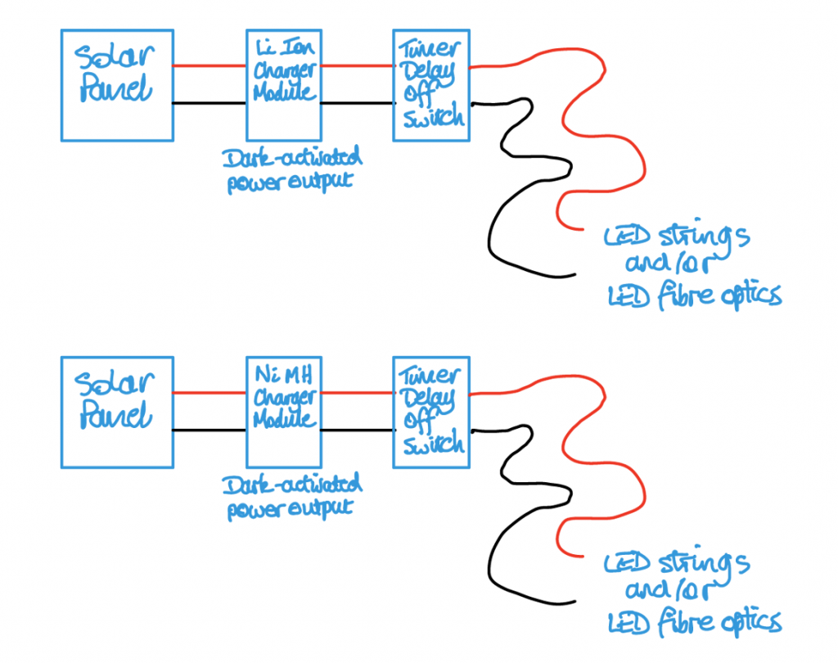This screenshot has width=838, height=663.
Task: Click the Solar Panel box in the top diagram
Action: (x=117, y=85)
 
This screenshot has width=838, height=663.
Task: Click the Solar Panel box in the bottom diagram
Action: (x=117, y=412)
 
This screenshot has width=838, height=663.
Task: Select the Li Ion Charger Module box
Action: (x=283, y=85)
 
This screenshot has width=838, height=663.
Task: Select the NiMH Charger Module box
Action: (x=283, y=412)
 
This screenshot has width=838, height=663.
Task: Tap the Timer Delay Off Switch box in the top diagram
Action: (x=430, y=85)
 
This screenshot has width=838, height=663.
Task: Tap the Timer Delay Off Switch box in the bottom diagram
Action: (x=430, y=412)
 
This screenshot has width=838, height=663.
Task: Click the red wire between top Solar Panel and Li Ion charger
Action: (x=209, y=66)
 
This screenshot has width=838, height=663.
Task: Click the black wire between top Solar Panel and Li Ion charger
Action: (x=209, y=103)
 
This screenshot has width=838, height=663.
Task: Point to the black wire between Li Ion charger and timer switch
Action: (x=356, y=103)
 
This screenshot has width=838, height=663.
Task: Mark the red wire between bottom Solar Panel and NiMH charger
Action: (x=209, y=393)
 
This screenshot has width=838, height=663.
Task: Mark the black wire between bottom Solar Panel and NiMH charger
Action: (x=209, y=430)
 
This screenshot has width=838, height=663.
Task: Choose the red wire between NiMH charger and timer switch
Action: (x=356, y=393)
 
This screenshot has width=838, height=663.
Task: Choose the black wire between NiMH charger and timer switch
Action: (x=356, y=430)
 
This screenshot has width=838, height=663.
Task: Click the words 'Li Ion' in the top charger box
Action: (x=283, y=47)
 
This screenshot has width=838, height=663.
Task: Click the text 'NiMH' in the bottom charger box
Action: (x=283, y=376)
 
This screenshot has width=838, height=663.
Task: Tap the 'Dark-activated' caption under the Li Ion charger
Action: (x=291, y=158)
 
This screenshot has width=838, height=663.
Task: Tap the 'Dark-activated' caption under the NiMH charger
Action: (x=291, y=485)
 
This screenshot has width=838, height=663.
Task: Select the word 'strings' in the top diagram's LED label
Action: (x=705, y=237)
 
